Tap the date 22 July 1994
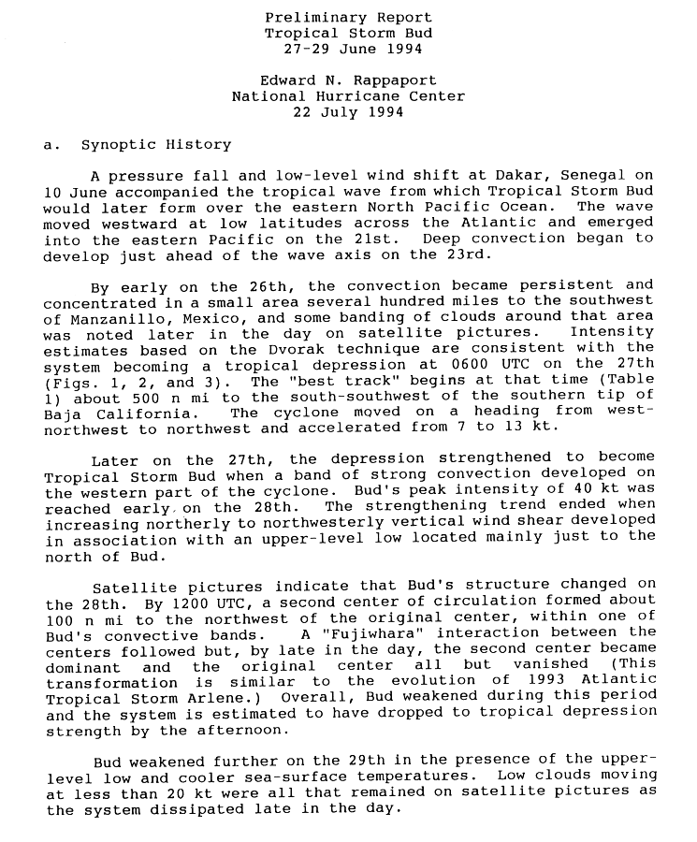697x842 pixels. (x=348, y=112)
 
